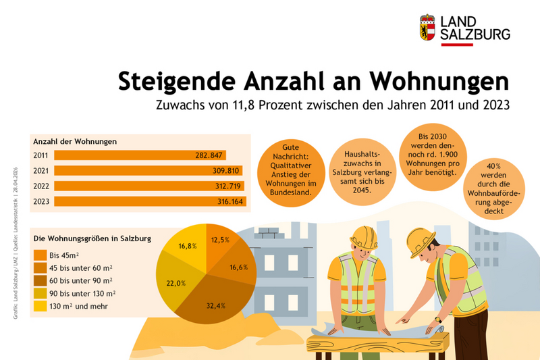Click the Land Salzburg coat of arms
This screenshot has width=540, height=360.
click(x=427, y=28)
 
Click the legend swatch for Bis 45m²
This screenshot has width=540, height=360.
click(x=40, y=255)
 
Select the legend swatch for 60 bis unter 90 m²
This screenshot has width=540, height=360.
click(x=40, y=280)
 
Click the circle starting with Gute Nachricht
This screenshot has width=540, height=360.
click(x=289, y=169)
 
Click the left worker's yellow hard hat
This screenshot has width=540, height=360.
click(x=363, y=236)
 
